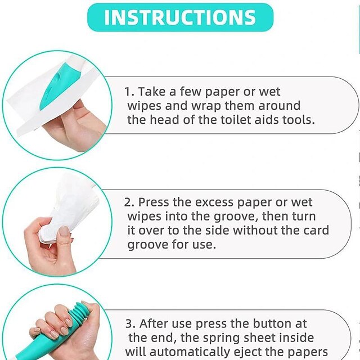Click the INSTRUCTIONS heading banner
tap(180, 17)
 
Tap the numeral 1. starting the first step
tap(129, 92)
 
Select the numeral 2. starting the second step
tap(129, 202)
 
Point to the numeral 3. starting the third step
tap(130, 324)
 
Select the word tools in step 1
tap(296, 119)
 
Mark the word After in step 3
tap(156, 324)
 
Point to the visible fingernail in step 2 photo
tap(64, 231)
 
